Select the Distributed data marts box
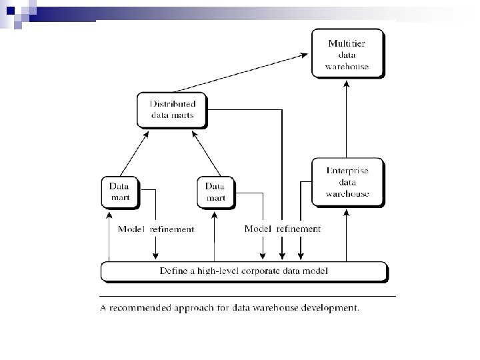(x=172, y=110)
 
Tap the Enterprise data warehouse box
(x=347, y=182)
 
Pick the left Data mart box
(x=120, y=191)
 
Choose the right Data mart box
(x=215, y=191)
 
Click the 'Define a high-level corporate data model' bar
(x=244, y=271)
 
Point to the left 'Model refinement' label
(x=156, y=229)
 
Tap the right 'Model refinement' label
(x=283, y=229)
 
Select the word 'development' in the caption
(x=329, y=308)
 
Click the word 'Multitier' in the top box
(x=347, y=43)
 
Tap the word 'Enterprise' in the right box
(x=347, y=171)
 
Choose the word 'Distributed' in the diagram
(x=172, y=104)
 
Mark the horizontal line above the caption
(x=247, y=295)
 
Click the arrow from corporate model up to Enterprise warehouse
(x=347, y=233)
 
